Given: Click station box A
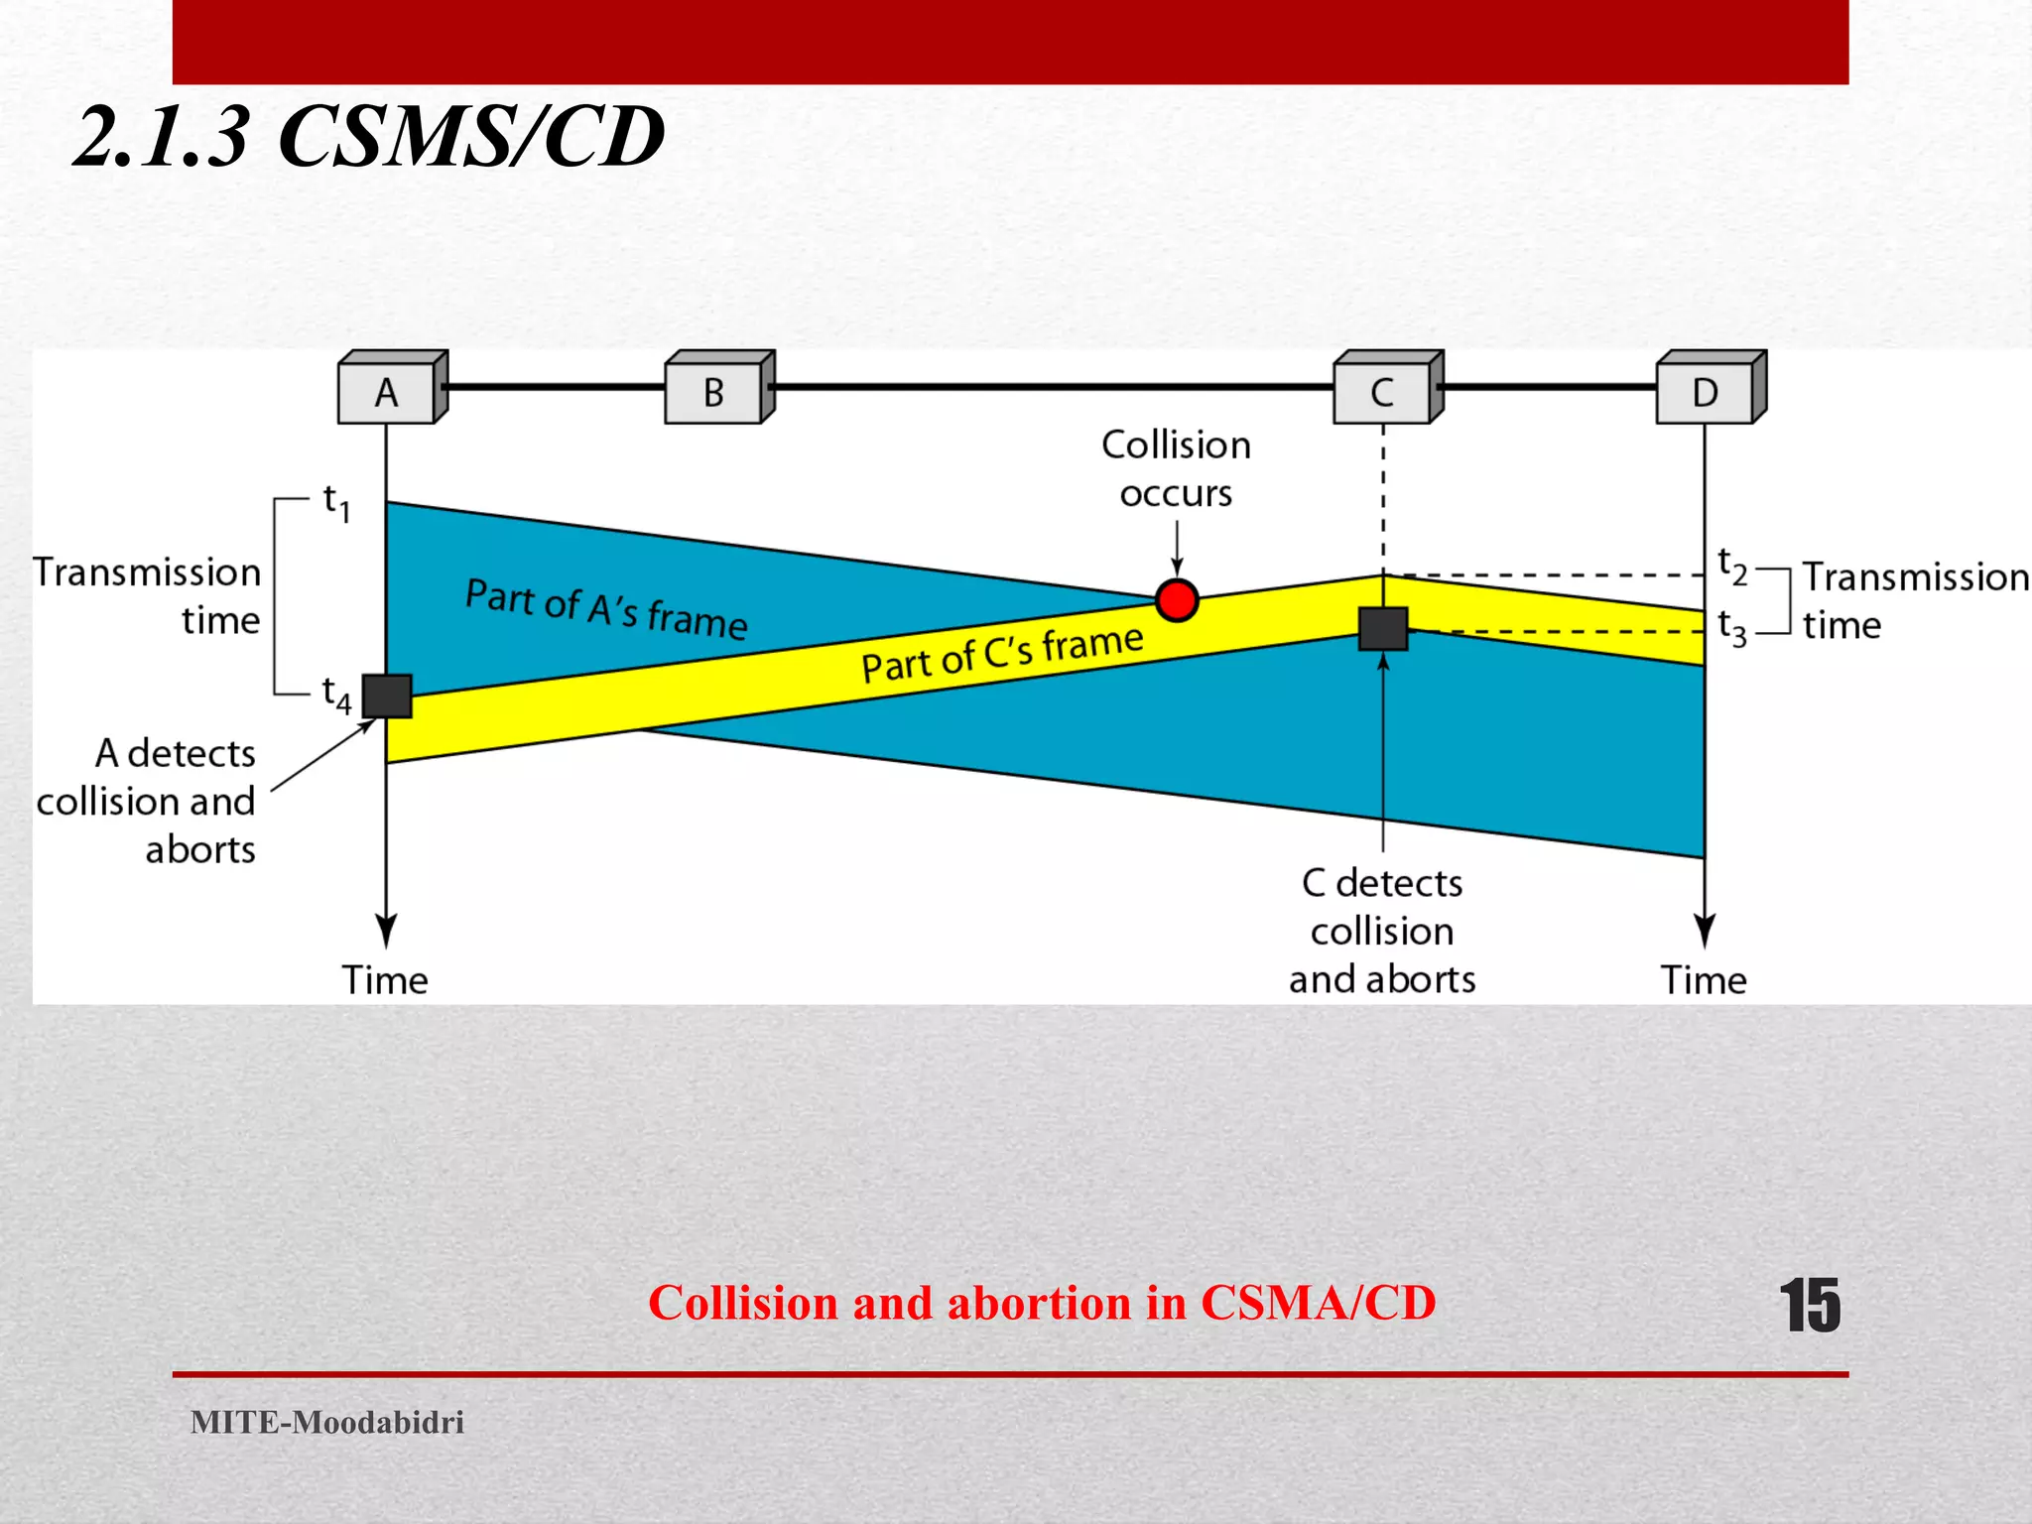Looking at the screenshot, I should tap(387, 393).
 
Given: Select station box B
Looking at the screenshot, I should tap(714, 393).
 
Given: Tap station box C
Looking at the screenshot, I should tap(1382, 393).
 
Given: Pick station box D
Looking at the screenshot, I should tap(1706, 393).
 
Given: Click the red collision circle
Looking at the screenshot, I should tap(1177, 600).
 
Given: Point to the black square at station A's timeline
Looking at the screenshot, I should tap(387, 696).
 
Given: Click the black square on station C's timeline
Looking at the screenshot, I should tap(1382, 628).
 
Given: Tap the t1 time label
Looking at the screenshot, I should tap(336, 503).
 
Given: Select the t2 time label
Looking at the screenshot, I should tap(1731, 567).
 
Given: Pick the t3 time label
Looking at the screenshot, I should tap(1731, 627).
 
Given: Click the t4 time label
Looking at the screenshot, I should tap(336, 695).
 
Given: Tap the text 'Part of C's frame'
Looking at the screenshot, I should tap(1002, 654).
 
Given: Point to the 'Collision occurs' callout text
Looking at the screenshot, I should tap(1176, 468).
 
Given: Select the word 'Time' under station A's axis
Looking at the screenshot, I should tap(385, 980).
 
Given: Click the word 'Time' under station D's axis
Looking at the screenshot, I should tap(1704, 980).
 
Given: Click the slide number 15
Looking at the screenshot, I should tap(1810, 1306).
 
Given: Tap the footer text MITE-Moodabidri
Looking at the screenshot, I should tap(327, 1422).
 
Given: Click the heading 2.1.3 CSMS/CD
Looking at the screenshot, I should tap(369, 137).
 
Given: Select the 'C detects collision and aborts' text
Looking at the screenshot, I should tap(1382, 931).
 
